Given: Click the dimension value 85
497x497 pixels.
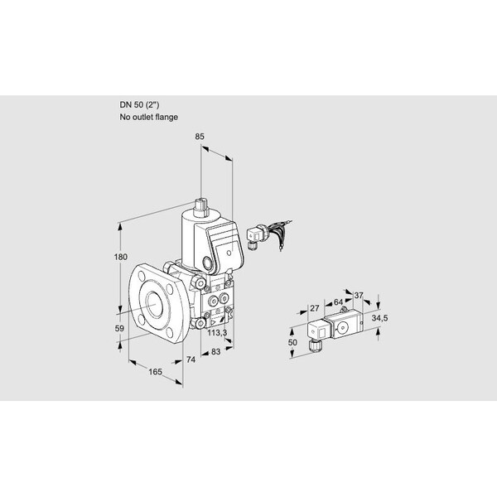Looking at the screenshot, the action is click(x=200, y=137).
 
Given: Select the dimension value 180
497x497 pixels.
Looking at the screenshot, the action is click(x=120, y=257).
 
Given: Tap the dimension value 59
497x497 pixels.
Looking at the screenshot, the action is click(x=119, y=328).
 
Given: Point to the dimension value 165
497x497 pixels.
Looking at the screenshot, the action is click(x=156, y=371).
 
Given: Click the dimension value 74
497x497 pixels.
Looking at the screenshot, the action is click(x=191, y=359).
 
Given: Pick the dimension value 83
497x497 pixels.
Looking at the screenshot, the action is click(x=215, y=351).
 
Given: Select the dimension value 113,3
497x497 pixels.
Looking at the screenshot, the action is click(x=217, y=332).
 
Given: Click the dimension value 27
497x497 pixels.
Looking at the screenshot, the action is click(x=314, y=308).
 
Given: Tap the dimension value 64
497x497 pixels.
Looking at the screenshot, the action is click(x=338, y=302).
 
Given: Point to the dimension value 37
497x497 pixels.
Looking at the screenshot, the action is click(x=358, y=296).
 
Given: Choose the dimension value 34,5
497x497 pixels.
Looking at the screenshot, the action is click(x=379, y=318).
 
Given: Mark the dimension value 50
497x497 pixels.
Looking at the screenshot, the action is click(x=292, y=342).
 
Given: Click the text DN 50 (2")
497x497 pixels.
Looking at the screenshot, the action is click(x=139, y=105).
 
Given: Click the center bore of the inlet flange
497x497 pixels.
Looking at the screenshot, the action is click(x=155, y=304).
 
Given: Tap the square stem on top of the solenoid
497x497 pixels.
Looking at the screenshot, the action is click(x=200, y=208).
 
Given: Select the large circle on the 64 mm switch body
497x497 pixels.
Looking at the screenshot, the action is click(x=342, y=328).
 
